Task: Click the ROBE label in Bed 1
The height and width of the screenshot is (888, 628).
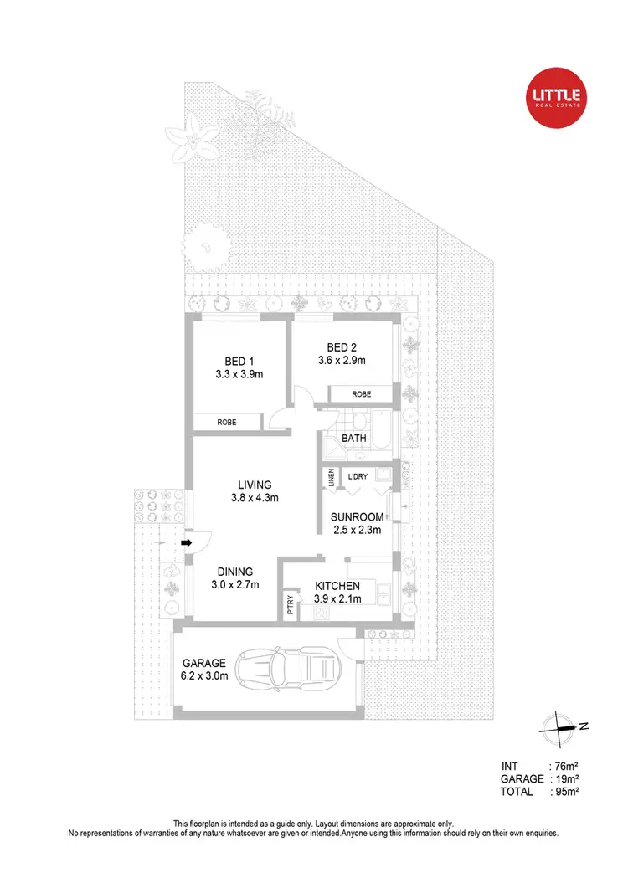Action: pyautogui.click(x=227, y=423)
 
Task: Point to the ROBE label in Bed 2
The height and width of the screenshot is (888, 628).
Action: pyautogui.click(x=361, y=393)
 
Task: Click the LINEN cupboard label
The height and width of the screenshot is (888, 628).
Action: pyautogui.click(x=332, y=477)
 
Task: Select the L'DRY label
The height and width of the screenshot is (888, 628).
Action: pyautogui.click(x=358, y=477)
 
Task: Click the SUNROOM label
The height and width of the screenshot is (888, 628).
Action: pyautogui.click(x=356, y=517)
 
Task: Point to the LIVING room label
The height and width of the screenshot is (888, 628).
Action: pyautogui.click(x=255, y=485)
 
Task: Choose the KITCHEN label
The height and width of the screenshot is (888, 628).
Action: pyautogui.click(x=337, y=586)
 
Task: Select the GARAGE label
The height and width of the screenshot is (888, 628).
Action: pyautogui.click(x=205, y=663)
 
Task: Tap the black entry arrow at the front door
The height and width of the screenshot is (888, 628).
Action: pyautogui.click(x=187, y=543)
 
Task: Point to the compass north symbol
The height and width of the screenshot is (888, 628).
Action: pyautogui.click(x=558, y=726)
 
